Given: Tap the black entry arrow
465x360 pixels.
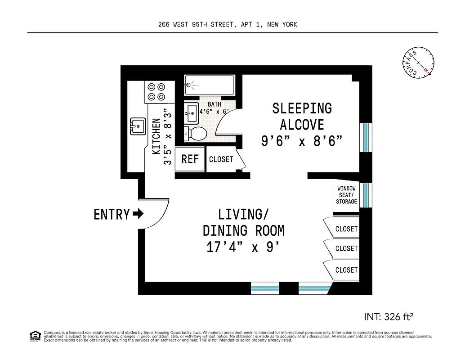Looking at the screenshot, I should point(138,214).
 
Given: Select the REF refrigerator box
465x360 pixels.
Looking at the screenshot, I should point(190,159).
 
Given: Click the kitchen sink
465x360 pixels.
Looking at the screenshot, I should point(137,126).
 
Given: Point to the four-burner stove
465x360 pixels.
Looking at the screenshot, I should point(156,92).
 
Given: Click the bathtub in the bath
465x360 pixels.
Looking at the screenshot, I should point(209,85).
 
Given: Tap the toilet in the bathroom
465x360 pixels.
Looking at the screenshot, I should point(195,133).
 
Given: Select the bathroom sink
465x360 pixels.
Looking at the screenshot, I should point(191,113).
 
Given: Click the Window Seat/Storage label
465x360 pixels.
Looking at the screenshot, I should point(346,195).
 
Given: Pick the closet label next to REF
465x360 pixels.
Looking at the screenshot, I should point(221,159).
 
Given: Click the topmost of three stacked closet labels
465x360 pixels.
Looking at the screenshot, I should point(346,229).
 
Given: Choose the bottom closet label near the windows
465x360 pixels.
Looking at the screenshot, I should point(346,270).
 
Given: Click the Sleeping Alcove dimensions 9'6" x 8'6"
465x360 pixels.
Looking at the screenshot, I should point(302,141).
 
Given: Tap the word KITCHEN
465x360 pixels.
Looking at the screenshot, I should point(156,136).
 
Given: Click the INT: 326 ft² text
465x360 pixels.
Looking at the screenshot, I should point(388,316).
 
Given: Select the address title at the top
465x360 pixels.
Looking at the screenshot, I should point(228,25).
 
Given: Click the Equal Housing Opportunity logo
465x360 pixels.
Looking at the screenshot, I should point(34,336).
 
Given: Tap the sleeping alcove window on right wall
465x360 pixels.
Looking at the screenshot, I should point(366,137).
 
